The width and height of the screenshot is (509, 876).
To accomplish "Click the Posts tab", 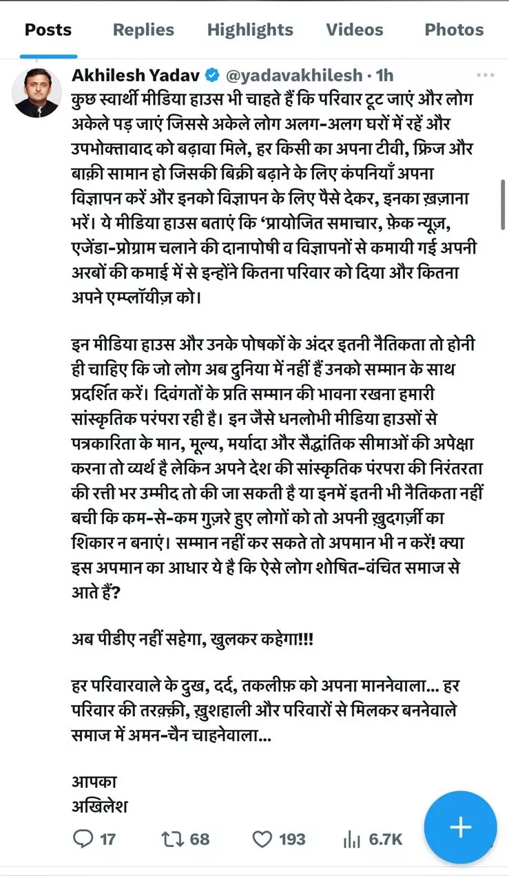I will (x=48, y=30).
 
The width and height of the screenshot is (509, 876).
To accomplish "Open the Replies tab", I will (x=143, y=30).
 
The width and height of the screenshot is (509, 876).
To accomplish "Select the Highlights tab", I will (x=250, y=30).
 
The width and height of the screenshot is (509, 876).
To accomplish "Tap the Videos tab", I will (x=355, y=30).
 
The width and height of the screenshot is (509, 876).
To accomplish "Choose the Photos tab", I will (x=454, y=30).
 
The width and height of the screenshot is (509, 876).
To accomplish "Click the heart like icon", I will (x=262, y=839).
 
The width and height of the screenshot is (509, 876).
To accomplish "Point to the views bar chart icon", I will (x=351, y=839).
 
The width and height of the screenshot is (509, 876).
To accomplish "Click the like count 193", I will (x=292, y=839).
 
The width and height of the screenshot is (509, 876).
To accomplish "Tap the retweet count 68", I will (x=200, y=839).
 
